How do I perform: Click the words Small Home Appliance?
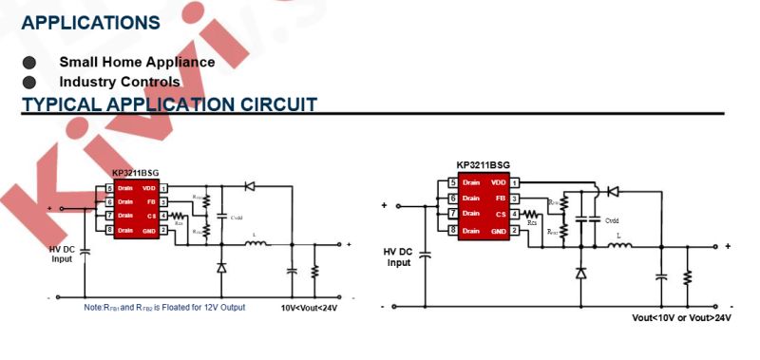pyautogui.click(x=137, y=62)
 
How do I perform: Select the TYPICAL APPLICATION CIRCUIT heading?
pyautogui.click(x=169, y=104)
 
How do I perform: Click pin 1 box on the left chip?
pyautogui.click(x=163, y=188)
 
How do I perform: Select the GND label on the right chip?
pyautogui.click(x=498, y=231)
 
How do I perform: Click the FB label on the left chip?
pyautogui.click(x=149, y=201)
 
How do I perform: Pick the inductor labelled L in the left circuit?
pyautogui.click(x=256, y=243)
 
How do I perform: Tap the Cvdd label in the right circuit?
pyautogui.click(x=612, y=220)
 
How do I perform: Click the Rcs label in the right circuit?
pyautogui.click(x=532, y=222)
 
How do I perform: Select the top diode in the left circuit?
pyautogui.click(x=251, y=187)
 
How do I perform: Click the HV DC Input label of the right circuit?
pyautogui.click(x=400, y=257)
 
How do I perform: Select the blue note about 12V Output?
pyautogui.click(x=163, y=308)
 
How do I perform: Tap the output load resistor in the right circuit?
pyautogui.click(x=687, y=276)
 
